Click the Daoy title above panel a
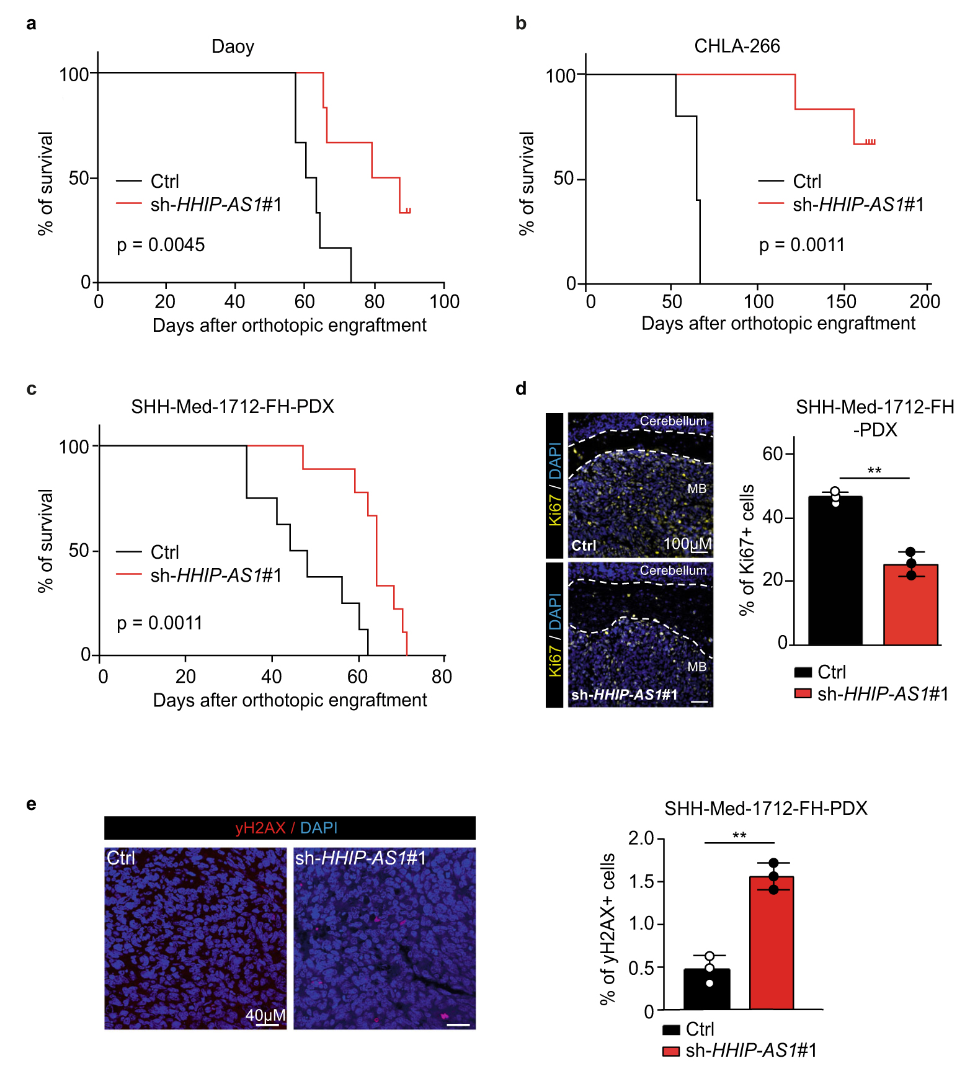(x=233, y=47)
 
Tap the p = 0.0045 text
(x=161, y=245)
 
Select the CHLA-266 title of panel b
(x=737, y=46)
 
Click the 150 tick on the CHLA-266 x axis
(x=841, y=302)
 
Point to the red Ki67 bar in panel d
(x=910, y=604)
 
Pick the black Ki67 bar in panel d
(x=835, y=571)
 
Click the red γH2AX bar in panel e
(x=772, y=942)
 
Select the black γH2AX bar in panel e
(x=706, y=989)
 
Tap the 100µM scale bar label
(x=687, y=544)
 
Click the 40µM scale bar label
(x=265, y=1015)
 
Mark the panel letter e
(x=31, y=804)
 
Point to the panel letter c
(x=31, y=389)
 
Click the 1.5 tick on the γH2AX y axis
(x=642, y=881)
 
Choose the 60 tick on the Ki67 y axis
(x=773, y=454)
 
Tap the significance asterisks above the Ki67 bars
(x=874, y=471)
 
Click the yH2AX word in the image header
(x=260, y=828)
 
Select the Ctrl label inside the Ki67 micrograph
(x=584, y=546)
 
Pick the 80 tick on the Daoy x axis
(x=374, y=302)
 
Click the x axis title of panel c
(x=290, y=700)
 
